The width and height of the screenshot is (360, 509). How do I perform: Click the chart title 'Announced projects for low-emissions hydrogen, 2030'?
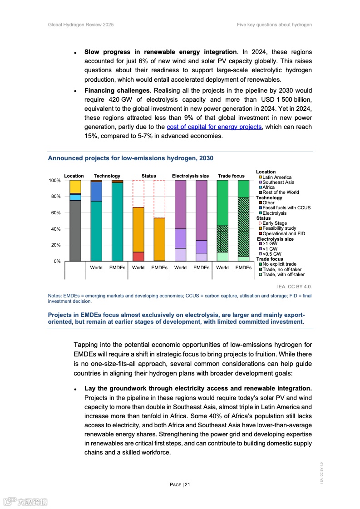point(130,158)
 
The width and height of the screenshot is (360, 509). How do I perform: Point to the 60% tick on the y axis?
point(54,213)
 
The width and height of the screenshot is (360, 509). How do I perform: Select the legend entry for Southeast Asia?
point(278,182)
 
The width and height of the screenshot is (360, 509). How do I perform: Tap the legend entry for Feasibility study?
point(279,228)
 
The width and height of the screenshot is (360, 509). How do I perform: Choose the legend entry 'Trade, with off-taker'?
point(283,274)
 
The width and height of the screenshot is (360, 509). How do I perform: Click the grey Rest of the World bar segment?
point(75,231)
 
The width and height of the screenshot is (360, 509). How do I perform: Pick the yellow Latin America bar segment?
point(75,187)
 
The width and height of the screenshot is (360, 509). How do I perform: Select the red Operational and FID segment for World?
point(138,257)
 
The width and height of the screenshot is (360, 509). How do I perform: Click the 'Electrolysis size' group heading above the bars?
point(190,176)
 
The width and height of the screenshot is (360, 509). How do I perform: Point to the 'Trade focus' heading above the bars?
point(231,176)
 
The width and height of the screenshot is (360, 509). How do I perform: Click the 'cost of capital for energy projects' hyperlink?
point(214,127)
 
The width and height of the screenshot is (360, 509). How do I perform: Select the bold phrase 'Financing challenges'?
point(117,91)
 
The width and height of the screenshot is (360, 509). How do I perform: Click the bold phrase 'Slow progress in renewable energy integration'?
point(160,52)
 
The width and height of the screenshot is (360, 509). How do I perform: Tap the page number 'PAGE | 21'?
point(180,484)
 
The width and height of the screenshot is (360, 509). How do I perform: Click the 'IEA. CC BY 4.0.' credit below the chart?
point(294,287)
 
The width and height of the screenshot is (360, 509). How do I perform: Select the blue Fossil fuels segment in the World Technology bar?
point(96,191)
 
